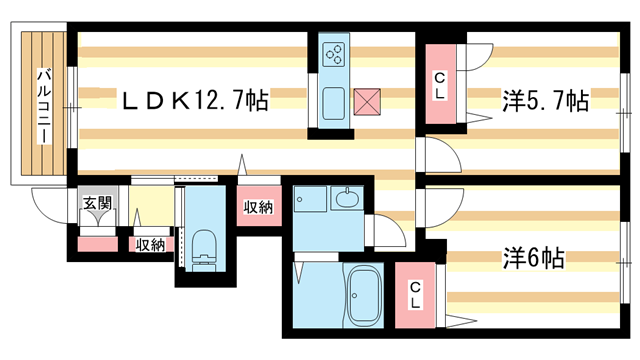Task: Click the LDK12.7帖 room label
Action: click(x=196, y=100)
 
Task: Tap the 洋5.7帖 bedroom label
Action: click(x=546, y=100)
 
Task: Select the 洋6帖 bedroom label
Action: click(x=533, y=258)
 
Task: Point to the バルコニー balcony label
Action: click(x=44, y=107)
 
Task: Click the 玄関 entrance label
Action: click(x=98, y=203)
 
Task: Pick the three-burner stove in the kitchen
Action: click(x=333, y=55)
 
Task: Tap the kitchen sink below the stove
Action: click(x=333, y=103)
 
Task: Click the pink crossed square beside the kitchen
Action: click(x=367, y=102)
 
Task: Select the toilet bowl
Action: click(x=203, y=250)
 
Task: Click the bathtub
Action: click(x=363, y=294)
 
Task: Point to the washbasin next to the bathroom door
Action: click(x=347, y=198)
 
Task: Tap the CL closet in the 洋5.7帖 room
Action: click(x=440, y=84)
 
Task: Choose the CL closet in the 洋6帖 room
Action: click(x=415, y=295)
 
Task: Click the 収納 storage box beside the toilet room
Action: click(x=259, y=206)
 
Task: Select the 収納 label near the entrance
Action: click(x=150, y=245)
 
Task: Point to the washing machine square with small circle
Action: click(x=310, y=199)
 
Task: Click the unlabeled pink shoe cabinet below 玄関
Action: click(x=98, y=244)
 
